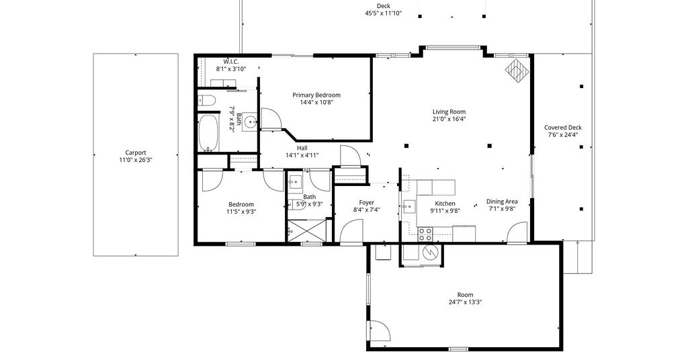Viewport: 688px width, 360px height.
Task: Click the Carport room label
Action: tap(136, 152)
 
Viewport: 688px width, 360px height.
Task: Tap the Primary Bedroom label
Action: tap(316, 95)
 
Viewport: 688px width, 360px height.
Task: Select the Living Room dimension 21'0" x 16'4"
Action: tap(449, 119)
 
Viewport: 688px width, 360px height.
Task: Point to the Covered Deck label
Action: tap(563, 128)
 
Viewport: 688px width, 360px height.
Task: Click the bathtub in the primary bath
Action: tap(208, 133)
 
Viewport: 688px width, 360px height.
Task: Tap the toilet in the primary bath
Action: tap(206, 101)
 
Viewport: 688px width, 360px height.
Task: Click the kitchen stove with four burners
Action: tap(425, 234)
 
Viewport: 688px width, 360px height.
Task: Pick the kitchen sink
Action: tap(409, 206)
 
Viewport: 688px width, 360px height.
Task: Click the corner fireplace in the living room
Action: tap(516, 70)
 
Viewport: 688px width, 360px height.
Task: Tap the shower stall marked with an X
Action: tap(306, 230)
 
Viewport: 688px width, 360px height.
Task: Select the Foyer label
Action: tap(366, 203)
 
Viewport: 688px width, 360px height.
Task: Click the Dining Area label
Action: tap(502, 201)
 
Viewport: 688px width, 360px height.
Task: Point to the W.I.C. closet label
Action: tap(231, 62)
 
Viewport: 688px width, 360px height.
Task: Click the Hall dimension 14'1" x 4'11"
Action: tap(302, 155)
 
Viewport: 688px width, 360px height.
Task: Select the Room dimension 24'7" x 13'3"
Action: tap(466, 302)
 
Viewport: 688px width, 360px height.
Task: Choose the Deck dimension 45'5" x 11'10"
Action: tap(384, 13)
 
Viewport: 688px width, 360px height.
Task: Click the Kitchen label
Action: tap(445, 204)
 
